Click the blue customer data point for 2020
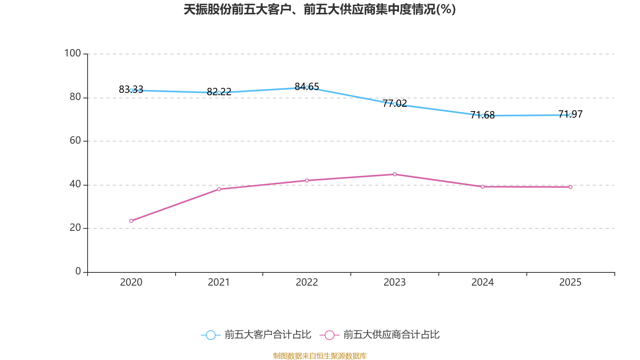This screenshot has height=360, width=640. (131, 90)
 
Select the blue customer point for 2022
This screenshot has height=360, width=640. (307, 87)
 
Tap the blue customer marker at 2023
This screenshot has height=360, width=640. (394, 104)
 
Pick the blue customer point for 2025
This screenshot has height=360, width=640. (570, 115)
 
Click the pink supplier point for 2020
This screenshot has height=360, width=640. (131, 221)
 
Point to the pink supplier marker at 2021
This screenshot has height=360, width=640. (219, 189)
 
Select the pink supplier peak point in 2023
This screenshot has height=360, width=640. (394, 174)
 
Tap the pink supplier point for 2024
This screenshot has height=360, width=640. (482, 187)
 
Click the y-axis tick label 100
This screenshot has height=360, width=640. (72, 53)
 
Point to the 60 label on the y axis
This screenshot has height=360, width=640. (75, 140)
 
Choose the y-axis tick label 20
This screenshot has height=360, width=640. (75, 228)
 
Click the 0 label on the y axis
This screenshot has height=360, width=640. (78, 271)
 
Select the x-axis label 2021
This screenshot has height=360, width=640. (219, 282)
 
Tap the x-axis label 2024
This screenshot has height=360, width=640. (482, 282)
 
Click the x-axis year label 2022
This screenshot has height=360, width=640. (307, 282)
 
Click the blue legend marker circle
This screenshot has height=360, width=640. (210, 335)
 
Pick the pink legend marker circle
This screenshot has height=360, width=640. (329, 335)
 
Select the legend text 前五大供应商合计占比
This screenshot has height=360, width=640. (391, 335)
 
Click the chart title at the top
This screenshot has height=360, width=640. (320, 9)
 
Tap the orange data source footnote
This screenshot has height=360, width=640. (320, 356)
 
